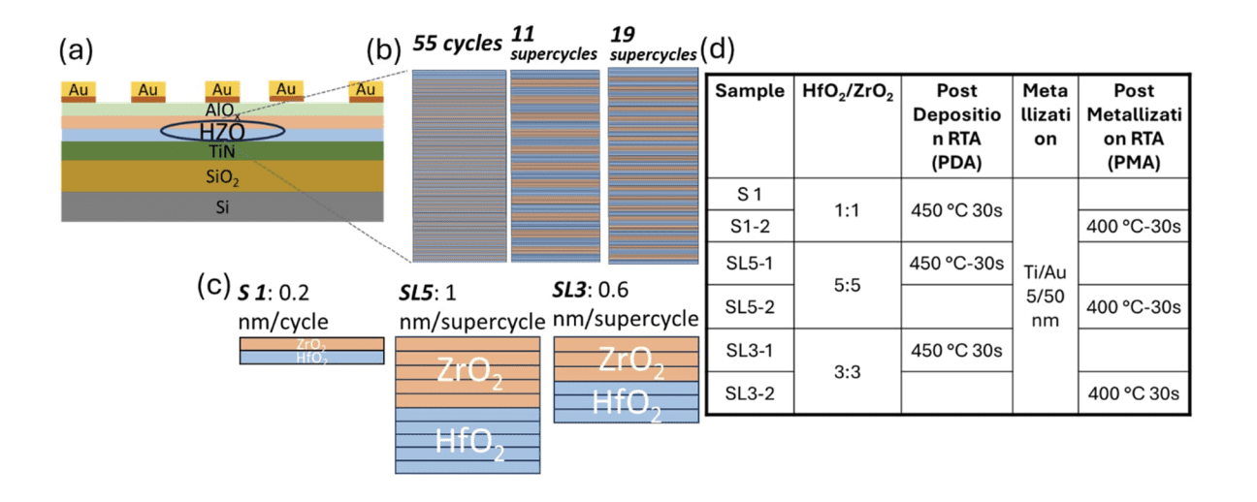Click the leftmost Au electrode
[80, 90]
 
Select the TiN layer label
[222, 151]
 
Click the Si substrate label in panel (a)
[222, 205]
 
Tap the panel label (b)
[386, 47]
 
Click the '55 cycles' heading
[457, 44]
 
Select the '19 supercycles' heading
[653, 45]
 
